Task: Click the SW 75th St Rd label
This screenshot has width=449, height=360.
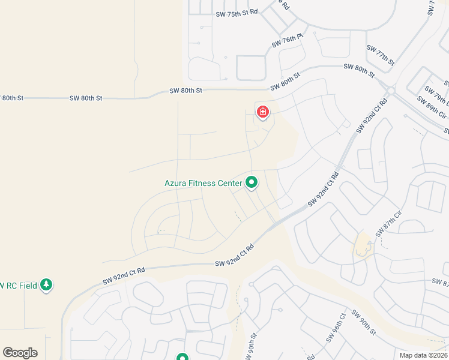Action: [x=237, y=12]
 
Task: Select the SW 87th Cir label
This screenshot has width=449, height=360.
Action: [x=388, y=223]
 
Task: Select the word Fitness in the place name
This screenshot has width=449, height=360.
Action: [x=209, y=183]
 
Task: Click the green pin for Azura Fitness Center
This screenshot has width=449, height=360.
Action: [x=252, y=182]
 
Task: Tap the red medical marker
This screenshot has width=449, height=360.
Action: [x=262, y=112]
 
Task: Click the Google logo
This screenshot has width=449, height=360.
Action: [x=20, y=353]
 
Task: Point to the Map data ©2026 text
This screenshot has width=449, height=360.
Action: [x=424, y=355]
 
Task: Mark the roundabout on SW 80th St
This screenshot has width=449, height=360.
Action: [x=391, y=91]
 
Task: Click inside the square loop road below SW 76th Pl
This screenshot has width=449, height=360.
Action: [x=251, y=68]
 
